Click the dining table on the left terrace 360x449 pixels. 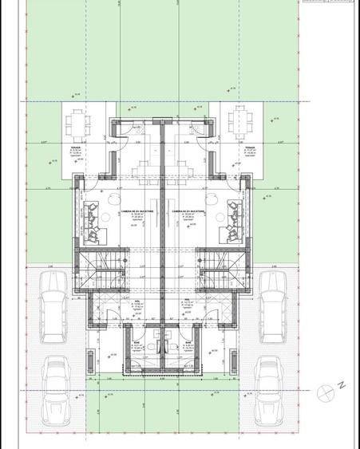[77, 124]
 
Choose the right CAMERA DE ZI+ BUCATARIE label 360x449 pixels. [188, 211]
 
